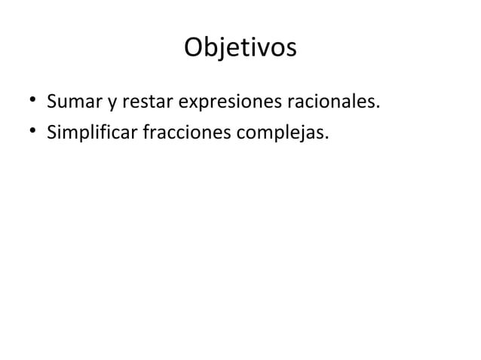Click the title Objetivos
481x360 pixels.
240,48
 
